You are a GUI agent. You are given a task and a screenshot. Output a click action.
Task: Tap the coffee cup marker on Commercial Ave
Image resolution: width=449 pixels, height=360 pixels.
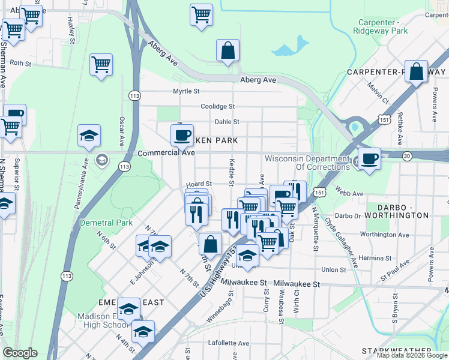182,134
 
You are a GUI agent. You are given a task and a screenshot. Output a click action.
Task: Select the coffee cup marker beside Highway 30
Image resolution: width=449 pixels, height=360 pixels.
370,159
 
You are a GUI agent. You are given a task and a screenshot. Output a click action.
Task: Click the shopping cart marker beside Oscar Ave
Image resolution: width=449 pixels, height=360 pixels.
101,65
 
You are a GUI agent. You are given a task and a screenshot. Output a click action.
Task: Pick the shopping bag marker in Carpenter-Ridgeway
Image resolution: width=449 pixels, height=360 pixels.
416,71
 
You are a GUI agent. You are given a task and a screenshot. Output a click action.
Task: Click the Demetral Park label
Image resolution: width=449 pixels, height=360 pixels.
106,223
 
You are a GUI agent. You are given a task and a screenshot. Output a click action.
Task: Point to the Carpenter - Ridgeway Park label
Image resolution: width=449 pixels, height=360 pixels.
379,26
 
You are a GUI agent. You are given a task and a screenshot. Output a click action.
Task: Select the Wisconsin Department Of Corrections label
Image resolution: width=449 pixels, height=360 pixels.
307,163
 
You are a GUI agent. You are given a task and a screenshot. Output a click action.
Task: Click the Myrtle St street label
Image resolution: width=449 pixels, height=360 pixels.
185,91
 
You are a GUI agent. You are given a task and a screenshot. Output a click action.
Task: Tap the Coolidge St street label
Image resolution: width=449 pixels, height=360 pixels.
217,106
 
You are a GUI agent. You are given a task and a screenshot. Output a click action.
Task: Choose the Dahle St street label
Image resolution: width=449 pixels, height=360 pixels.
227,121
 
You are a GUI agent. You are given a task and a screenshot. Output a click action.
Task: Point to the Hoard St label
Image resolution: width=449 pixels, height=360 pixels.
199,184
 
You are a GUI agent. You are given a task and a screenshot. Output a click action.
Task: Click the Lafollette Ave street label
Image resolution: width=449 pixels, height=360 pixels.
228,343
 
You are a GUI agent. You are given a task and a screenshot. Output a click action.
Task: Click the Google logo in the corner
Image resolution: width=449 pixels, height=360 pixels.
19,353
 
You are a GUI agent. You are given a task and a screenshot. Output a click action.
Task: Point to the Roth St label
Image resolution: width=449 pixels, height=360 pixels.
20,62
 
